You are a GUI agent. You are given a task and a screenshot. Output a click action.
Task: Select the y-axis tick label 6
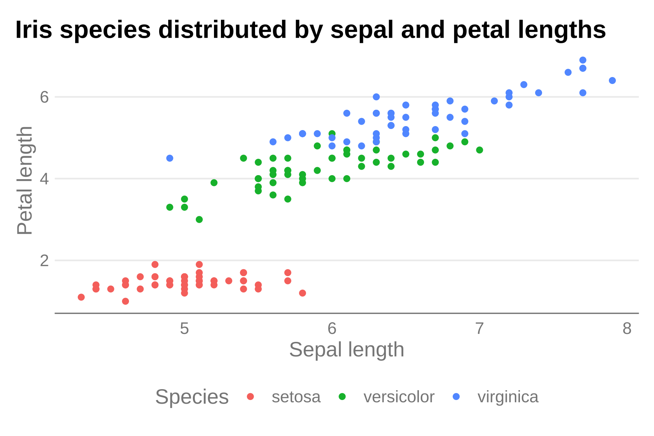(x=44, y=97)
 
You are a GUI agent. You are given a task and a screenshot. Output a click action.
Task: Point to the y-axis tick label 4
(x=44, y=179)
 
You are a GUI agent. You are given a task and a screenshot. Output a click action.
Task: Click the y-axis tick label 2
(x=44, y=261)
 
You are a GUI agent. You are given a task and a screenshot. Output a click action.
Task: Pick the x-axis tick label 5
(x=185, y=329)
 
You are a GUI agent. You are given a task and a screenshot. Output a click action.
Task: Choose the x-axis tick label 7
(x=480, y=329)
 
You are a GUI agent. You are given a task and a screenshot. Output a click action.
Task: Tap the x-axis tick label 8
(x=627, y=329)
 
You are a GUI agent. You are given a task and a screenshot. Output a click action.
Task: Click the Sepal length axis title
(x=347, y=350)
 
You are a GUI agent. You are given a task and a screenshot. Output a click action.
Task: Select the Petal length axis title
(x=25, y=181)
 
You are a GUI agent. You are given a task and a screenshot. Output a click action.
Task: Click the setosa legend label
(x=296, y=397)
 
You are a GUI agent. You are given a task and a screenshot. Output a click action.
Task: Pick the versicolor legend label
(x=399, y=397)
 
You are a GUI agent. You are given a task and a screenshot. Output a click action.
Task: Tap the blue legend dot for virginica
(x=456, y=396)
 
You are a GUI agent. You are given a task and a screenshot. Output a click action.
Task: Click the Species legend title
(x=192, y=397)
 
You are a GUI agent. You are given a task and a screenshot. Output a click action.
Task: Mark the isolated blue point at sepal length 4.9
(x=170, y=158)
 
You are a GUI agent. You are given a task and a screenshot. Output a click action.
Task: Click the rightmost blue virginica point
(x=612, y=80)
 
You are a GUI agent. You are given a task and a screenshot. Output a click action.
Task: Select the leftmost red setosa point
(x=81, y=297)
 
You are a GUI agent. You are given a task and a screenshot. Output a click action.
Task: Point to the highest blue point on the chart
(x=583, y=60)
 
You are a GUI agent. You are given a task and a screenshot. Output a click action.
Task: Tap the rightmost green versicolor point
(x=480, y=150)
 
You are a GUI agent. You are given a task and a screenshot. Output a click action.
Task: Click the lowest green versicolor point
(x=199, y=219)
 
